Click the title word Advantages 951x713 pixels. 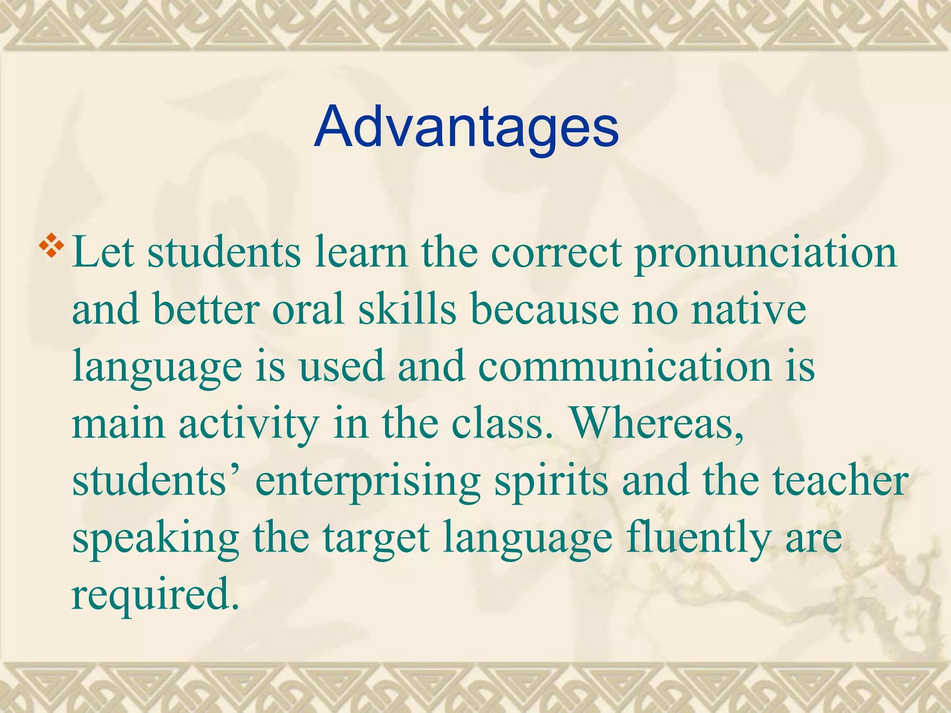[466, 127]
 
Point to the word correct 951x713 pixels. [556, 253]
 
